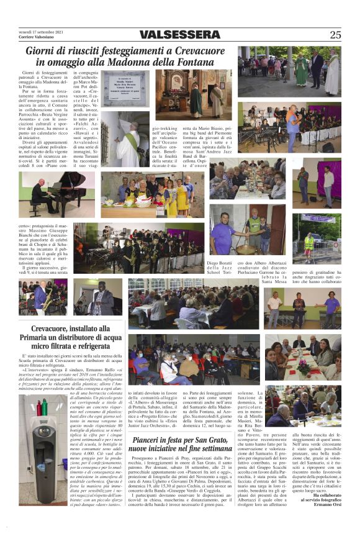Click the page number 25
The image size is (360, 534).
click(335, 35)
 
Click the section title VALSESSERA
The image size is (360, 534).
click(179, 35)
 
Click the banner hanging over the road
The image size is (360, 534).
click(319, 219)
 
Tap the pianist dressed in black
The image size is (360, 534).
click(43, 196)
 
